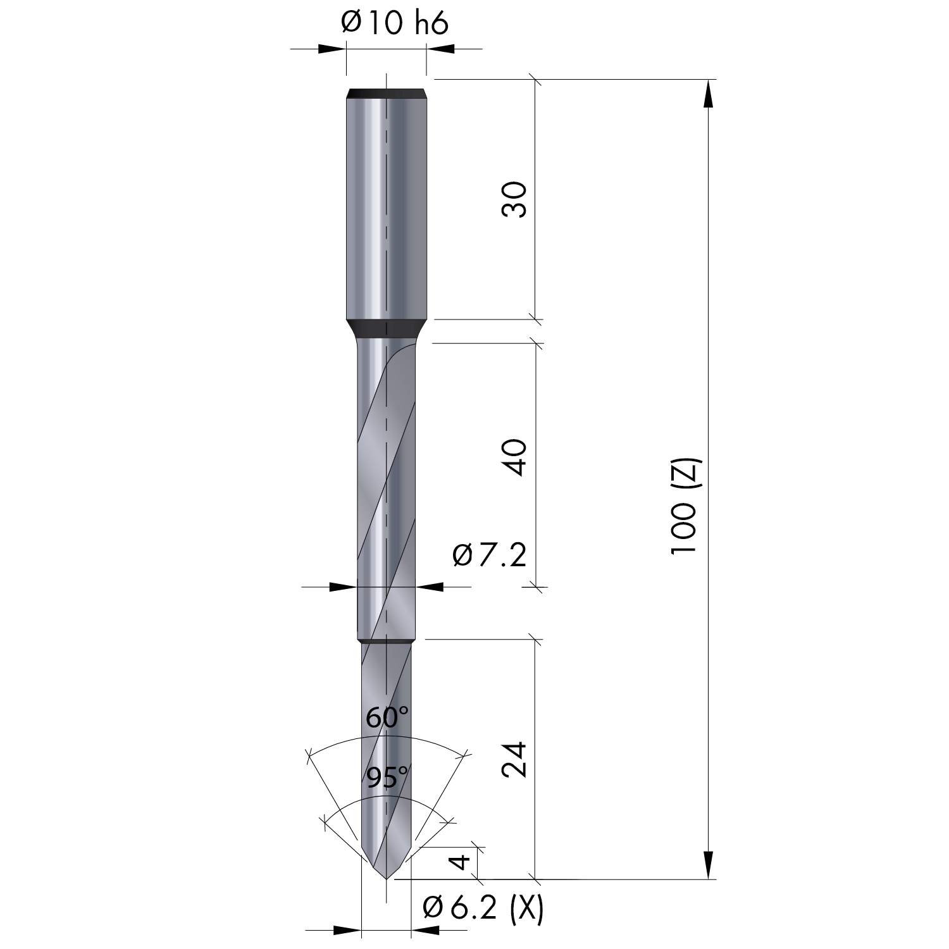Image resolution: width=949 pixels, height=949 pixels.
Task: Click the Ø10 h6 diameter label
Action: [394, 24]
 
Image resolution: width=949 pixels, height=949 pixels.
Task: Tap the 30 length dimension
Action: [514, 199]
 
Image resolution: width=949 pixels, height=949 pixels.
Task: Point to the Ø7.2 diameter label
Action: [490, 556]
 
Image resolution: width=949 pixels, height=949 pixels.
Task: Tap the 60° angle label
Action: [387, 718]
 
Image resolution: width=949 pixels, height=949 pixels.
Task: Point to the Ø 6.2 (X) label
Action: [483, 909]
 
